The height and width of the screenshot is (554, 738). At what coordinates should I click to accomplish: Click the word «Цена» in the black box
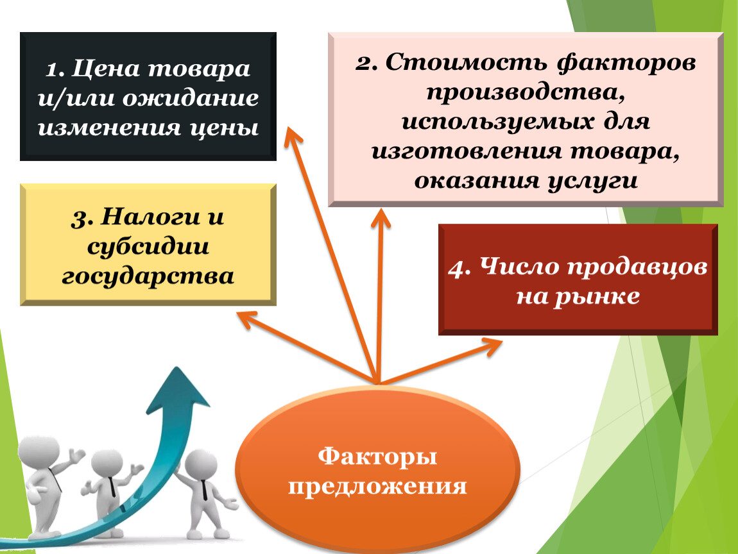click(x=106, y=69)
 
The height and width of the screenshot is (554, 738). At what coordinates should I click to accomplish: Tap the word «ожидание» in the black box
click(x=191, y=99)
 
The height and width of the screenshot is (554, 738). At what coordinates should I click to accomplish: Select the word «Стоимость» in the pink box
click(x=467, y=63)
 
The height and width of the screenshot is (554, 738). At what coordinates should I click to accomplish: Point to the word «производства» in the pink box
click(x=525, y=92)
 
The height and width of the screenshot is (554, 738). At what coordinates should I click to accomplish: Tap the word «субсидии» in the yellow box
click(x=148, y=246)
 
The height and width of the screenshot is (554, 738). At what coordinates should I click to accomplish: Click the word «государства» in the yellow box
click(x=148, y=276)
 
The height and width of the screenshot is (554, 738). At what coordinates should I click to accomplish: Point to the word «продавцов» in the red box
click(x=637, y=267)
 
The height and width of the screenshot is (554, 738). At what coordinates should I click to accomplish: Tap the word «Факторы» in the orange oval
click(x=377, y=456)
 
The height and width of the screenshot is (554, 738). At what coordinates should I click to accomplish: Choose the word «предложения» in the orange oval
click(x=377, y=486)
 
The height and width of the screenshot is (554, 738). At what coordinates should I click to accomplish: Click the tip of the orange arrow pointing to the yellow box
click(x=237, y=314)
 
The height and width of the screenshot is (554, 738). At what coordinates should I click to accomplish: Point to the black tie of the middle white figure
click(x=112, y=487)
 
